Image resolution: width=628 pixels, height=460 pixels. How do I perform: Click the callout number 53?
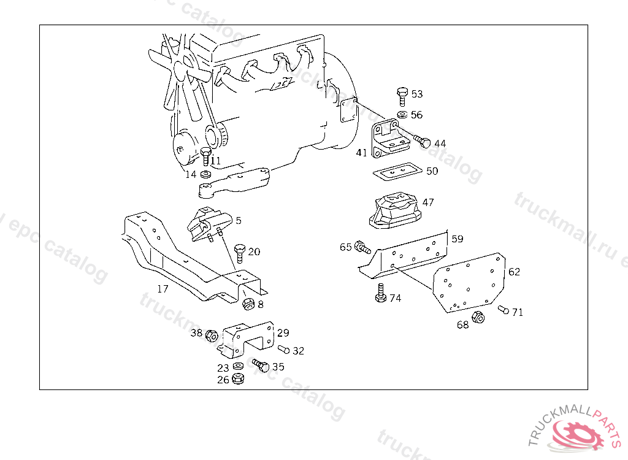(x=417, y=94)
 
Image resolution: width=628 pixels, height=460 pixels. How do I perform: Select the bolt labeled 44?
(x=421, y=141)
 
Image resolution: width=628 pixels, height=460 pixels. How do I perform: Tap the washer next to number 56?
(x=402, y=115)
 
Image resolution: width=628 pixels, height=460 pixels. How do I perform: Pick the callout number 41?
(x=361, y=152)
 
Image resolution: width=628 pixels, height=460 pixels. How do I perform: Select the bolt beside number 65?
(x=362, y=248)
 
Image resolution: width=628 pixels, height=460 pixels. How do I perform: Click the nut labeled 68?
(x=480, y=317)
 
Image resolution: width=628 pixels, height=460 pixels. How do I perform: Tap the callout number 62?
(x=514, y=271)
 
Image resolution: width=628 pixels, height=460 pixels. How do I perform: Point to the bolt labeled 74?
(x=380, y=294)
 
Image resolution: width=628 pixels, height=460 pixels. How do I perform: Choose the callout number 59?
(x=458, y=239)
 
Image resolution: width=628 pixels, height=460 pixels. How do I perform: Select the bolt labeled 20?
(x=240, y=252)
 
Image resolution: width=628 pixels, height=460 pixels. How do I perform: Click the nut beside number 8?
(x=248, y=303)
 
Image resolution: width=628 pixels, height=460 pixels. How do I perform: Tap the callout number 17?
(x=163, y=289)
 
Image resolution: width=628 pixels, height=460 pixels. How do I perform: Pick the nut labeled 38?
(x=211, y=335)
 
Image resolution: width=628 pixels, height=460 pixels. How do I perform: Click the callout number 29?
(x=283, y=333)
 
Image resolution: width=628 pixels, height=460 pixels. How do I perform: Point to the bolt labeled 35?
(x=261, y=366)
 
